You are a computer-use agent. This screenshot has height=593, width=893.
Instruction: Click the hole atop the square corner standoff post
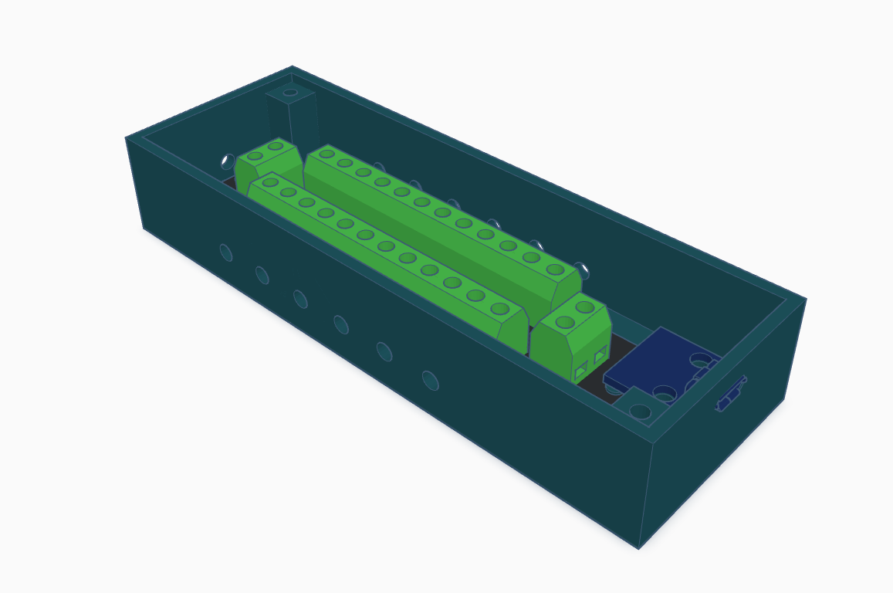pos(290,93)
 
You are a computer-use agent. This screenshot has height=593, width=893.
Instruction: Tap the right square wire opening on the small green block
pos(600,355)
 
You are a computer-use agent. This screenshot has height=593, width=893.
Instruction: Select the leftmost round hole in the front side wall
pos(226,252)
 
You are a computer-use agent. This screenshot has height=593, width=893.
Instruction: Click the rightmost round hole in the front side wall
pos(430,381)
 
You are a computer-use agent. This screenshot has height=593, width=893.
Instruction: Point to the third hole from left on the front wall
pos(300,299)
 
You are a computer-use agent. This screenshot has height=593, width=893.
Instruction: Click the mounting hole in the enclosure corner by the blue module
pos(640,411)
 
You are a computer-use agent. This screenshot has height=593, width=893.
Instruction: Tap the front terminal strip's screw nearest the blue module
pos(499,309)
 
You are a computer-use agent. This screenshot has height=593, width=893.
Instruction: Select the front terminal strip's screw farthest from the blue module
pos(270,183)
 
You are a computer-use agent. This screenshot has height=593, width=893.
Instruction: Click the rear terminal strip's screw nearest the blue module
pos(555,269)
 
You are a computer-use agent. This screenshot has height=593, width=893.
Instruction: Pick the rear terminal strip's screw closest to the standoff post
pos(326,154)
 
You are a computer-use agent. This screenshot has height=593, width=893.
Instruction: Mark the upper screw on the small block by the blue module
pos(585,307)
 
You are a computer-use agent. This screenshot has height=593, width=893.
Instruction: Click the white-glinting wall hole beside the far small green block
pos(228,161)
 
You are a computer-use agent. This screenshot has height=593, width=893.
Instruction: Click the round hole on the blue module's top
pos(700,360)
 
